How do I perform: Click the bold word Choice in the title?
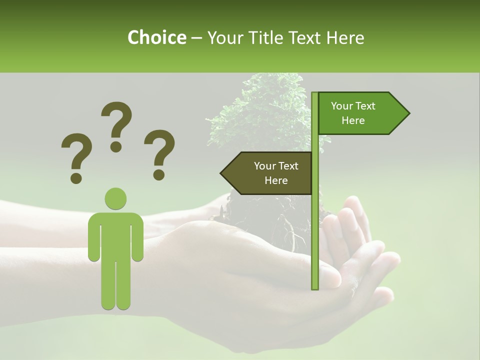(156, 37)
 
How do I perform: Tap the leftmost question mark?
(76, 157)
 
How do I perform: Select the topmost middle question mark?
(116, 126)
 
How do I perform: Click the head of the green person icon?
(115, 198)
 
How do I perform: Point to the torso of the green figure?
(115, 235)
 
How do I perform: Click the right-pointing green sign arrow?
(360, 113)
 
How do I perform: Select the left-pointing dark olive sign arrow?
(270, 173)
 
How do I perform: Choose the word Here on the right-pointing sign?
(353, 120)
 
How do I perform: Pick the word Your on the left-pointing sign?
(264, 166)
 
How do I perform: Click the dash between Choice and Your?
(196, 38)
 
